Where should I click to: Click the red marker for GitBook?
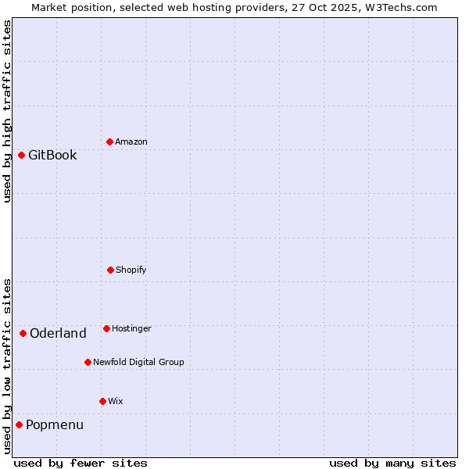(x=21, y=155)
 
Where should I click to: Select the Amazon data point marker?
(x=109, y=141)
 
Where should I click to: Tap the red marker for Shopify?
(x=110, y=270)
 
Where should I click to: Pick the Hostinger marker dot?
(x=106, y=328)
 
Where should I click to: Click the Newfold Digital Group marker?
(x=88, y=362)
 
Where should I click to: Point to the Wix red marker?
(x=102, y=401)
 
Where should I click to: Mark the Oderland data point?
(x=23, y=333)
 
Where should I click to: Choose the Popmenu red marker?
(x=19, y=424)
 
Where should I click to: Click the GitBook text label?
(x=52, y=155)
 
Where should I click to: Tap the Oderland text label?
(x=58, y=333)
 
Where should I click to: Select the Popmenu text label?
(x=55, y=424)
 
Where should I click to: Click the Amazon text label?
(x=131, y=141)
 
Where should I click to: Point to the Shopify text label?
(x=131, y=270)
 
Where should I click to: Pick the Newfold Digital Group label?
(x=138, y=362)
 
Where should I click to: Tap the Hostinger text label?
(x=131, y=328)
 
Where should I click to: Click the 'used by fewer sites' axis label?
(x=81, y=463)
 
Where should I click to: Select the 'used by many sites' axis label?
(x=392, y=463)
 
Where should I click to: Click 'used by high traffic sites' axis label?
(x=7, y=111)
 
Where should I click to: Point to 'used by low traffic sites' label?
(x=7, y=365)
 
